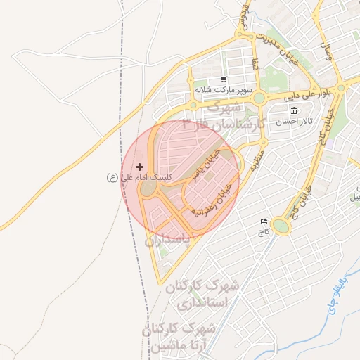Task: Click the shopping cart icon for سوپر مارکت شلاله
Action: [x=224, y=79]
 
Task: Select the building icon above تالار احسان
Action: [x=293, y=112]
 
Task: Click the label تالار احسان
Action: [x=293, y=122]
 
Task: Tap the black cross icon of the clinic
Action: [x=139, y=167]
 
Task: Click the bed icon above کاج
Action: [x=264, y=221]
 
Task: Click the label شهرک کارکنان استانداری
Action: [x=202, y=295]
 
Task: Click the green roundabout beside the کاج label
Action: [x=281, y=226]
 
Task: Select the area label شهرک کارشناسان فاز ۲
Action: [x=221, y=115]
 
